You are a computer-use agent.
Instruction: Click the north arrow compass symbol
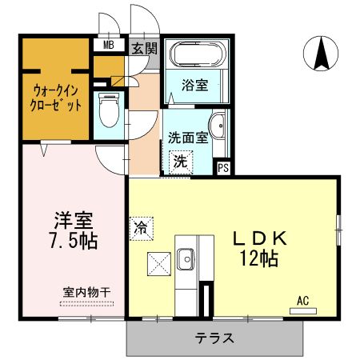point(322,54)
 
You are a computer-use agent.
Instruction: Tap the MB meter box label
point(106,46)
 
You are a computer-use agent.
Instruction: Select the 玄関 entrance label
point(145,48)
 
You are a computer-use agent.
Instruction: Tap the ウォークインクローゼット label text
point(57,97)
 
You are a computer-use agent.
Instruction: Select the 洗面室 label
point(188,137)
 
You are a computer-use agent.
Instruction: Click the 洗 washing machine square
point(182,161)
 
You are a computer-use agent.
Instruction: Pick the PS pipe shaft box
point(224,168)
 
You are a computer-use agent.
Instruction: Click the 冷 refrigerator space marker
point(139,225)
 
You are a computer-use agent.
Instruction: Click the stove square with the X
point(158,261)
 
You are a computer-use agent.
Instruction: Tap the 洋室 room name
point(74,218)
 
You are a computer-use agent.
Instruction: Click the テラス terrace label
point(214,338)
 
